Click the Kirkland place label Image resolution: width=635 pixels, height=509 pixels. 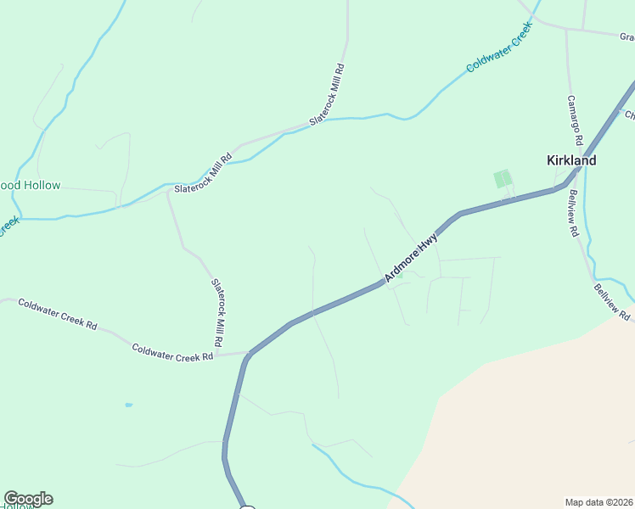(570, 160)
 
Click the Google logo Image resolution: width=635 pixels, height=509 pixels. (28, 499)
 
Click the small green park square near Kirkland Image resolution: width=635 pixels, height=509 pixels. (503, 178)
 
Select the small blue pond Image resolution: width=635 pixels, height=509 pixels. (128, 405)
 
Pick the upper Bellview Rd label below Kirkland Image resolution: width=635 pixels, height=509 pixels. (573, 214)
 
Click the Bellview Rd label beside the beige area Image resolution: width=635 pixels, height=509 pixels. (613, 302)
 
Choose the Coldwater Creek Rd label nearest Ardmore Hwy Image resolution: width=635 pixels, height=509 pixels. (172, 352)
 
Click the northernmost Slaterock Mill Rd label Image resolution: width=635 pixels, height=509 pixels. (327, 95)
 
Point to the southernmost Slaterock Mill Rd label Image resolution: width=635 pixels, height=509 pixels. (217, 311)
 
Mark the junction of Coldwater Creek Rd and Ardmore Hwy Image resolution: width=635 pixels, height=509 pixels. (247, 354)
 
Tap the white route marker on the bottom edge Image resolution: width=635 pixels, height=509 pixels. (247, 507)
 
